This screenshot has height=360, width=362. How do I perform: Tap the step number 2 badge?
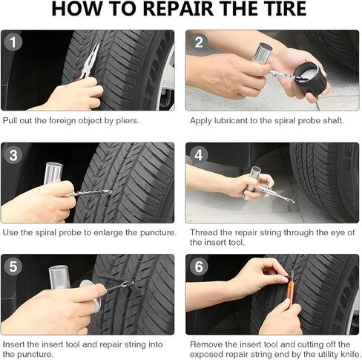click(197, 42)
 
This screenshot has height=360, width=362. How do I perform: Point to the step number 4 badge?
click(197, 154)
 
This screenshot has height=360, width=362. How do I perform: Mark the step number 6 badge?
click(197, 266)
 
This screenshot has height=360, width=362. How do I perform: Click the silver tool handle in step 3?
click(53, 176)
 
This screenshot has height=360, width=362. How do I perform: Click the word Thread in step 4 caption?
click(205, 232)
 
